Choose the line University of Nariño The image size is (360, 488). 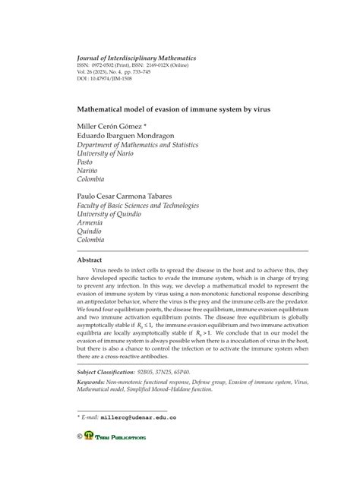(x=105, y=152)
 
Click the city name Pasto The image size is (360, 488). (x=87, y=162)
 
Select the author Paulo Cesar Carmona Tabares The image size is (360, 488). (x=134, y=195)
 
